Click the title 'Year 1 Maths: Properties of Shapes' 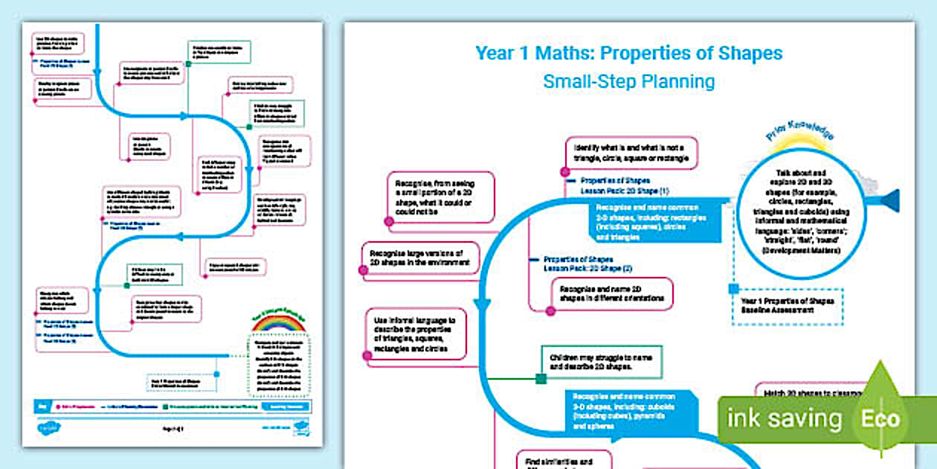coord(628,54)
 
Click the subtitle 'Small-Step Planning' coord(628,81)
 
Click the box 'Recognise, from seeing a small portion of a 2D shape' coord(440,197)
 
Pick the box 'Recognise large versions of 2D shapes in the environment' coord(420,258)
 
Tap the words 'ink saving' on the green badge coord(784,418)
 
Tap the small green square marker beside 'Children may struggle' coord(541,379)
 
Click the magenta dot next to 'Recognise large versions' coord(364,271)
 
